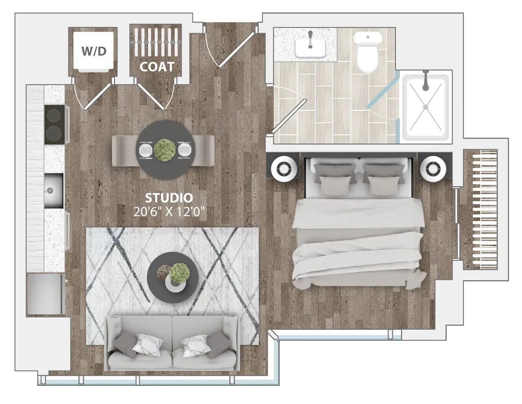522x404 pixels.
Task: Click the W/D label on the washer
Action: tap(94, 51)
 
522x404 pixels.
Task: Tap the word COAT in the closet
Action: tap(157, 66)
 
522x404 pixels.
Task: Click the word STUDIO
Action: tap(169, 198)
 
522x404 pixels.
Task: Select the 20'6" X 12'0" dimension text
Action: tap(169, 212)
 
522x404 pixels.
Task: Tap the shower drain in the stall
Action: tap(425, 107)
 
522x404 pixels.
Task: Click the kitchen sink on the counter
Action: tap(53, 191)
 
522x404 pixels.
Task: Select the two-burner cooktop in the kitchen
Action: tap(53, 125)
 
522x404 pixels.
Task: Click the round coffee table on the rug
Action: tap(173, 278)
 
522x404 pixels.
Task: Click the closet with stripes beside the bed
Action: tap(480, 209)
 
